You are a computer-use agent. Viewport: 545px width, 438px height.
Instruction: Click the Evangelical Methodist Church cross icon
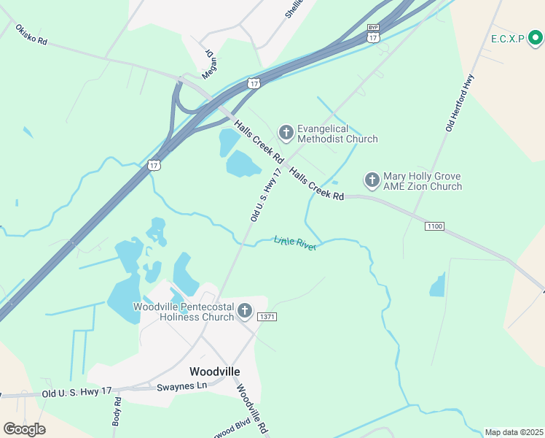[286, 132]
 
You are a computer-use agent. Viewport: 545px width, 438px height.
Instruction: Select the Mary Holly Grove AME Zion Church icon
[372, 180]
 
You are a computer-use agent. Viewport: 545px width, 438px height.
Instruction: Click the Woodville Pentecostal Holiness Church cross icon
[245, 312]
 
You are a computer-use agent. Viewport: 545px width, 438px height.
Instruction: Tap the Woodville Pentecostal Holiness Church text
[184, 312]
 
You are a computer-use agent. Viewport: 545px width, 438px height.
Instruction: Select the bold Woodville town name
[214, 371]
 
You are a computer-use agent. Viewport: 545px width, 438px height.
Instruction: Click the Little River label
[295, 243]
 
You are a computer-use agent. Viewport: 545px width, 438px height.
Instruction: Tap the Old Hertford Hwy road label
[460, 103]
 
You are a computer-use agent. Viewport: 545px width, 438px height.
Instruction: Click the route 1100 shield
[434, 226]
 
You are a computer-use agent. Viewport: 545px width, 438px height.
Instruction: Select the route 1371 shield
[267, 317]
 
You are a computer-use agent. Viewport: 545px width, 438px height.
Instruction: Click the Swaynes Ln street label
[182, 385]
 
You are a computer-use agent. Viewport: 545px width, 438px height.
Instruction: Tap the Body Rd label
[117, 411]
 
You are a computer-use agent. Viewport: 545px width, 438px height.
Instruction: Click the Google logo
[24, 429]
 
